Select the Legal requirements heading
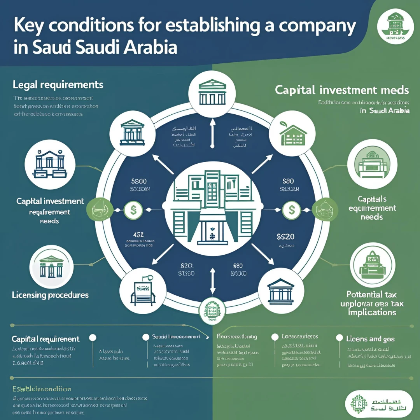click(x=58, y=84)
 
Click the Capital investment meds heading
click(x=342, y=90)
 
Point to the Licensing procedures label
click(x=51, y=295)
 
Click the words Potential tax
click(x=371, y=294)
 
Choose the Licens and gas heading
click(x=370, y=339)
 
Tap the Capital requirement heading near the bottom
click(x=45, y=339)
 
